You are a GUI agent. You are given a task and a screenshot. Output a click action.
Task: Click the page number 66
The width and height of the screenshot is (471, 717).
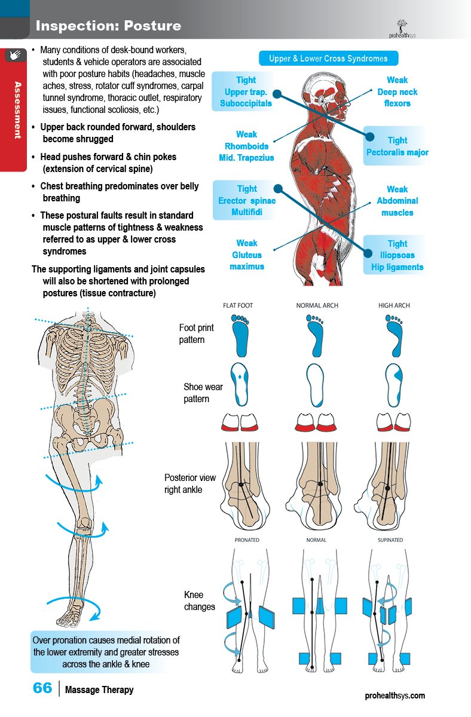[x=42, y=688]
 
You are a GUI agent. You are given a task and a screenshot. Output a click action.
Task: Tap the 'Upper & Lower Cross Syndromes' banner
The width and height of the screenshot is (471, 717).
[x=328, y=59]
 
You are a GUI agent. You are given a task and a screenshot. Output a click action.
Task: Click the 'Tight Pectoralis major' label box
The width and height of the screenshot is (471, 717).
[x=397, y=146]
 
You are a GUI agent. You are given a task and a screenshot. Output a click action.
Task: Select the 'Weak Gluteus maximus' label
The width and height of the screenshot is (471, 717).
[x=246, y=255]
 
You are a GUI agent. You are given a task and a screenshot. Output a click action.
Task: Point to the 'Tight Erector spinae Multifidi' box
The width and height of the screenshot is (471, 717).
[x=246, y=200]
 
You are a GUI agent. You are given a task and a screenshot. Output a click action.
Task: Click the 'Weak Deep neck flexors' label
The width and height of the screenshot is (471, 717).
[x=397, y=91]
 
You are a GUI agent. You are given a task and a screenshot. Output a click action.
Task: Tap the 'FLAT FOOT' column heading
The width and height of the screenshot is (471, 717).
[x=238, y=306]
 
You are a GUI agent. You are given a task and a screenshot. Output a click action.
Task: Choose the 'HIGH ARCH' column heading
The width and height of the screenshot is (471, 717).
[x=394, y=306]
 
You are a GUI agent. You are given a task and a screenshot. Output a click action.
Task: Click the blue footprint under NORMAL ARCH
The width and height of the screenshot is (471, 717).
[x=316, y=336]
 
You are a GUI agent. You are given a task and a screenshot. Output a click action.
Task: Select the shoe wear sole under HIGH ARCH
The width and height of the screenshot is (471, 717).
[x=394, y=385]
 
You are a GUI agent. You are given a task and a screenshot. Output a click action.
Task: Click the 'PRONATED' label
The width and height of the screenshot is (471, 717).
[x=247, y=540]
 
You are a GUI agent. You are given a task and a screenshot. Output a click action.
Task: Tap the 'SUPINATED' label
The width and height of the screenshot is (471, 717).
[x=390, y=540]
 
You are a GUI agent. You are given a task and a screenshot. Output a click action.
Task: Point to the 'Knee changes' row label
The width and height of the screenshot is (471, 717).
[x=199, y=601]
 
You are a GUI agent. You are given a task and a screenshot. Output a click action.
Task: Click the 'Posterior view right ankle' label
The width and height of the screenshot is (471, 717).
[x=190, y=483]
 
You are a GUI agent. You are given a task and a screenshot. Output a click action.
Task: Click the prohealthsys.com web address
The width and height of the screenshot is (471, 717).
[x=395, y=695]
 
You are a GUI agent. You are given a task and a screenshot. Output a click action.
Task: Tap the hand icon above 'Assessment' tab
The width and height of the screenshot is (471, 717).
[x=15, y=55]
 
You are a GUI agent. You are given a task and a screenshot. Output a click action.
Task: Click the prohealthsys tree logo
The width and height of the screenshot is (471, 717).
[x=402, y=29]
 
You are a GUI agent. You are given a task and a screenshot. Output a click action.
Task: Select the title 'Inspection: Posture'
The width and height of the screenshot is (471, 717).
[x=108, y=26]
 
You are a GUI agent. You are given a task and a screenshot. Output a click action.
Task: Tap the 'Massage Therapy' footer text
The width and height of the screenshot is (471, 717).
[x=99, y=690]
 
